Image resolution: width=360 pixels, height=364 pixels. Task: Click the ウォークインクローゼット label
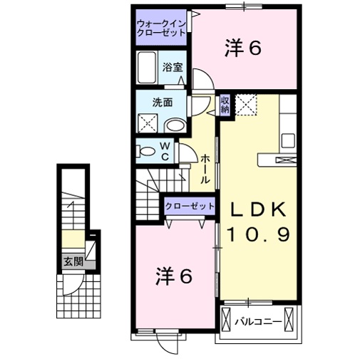pos(161,28)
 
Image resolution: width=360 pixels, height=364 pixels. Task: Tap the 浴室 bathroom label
pos(173,68)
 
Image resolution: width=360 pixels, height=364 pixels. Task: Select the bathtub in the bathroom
pos(147,68)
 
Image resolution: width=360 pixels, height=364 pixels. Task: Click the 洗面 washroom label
pos(163,103)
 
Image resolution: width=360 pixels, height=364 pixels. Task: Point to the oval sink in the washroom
pos(175,125)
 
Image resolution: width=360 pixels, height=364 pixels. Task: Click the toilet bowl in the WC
pos(145,151)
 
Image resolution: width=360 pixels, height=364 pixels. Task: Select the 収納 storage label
pos(225,105)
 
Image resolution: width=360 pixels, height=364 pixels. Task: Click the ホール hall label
pos(205,169)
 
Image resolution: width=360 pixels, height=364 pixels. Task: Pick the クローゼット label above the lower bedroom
pos(190,206)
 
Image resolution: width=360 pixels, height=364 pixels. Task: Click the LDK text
pos(256,209)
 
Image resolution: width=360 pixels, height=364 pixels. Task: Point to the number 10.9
pos(259,234)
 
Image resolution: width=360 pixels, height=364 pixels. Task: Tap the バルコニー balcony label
pos(258,322)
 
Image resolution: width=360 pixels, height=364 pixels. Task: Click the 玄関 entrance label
pos(73,262)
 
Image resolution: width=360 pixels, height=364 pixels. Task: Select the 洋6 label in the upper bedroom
pos(243,48)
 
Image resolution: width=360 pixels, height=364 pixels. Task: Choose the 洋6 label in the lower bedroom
pos(174,277)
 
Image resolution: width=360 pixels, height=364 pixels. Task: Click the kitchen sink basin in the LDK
pos(288,140)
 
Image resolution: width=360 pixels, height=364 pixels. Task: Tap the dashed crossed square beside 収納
pos(246,105)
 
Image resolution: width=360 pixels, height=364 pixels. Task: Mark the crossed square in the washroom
pos(148,123)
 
